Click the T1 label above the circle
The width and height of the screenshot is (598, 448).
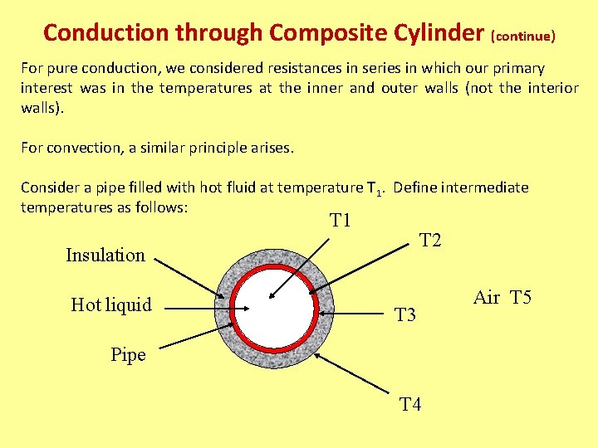(x=341, y=221)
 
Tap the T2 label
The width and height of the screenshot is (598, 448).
(x=430, y=241)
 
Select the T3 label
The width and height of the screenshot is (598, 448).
(x=404, y=315)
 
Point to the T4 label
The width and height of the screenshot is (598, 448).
(x=410, y=405)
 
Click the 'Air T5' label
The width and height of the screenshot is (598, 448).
(x=502, y=298)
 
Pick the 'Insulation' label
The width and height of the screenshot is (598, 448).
(x=105, y=255)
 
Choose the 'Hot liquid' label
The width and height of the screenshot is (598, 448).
(x=111, y=304)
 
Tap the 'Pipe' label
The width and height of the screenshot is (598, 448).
(x=128, y=355)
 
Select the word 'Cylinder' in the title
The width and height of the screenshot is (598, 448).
(x=434, y=33)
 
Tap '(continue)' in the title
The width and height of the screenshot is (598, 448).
(x=523, y=37)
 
